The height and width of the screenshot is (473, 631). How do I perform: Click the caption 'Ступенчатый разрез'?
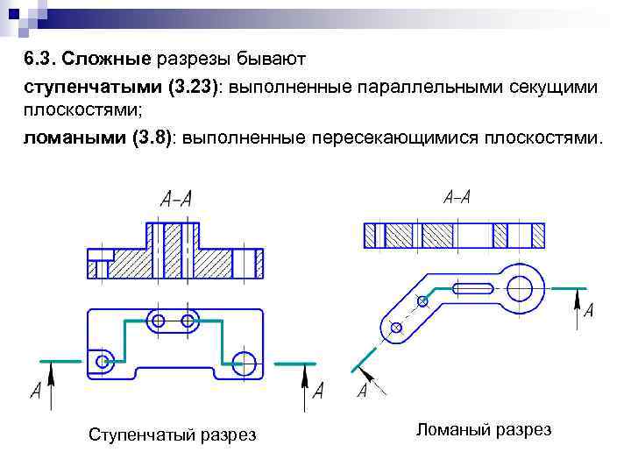173,435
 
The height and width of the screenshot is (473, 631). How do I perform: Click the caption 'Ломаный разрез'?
484,429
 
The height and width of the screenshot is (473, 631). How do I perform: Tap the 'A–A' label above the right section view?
457,196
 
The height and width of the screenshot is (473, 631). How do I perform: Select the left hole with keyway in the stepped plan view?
103,360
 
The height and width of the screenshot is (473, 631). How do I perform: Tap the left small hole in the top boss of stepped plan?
159,321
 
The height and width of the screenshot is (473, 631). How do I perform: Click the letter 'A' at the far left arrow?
35,392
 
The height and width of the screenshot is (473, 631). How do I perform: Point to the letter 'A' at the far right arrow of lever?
588,311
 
